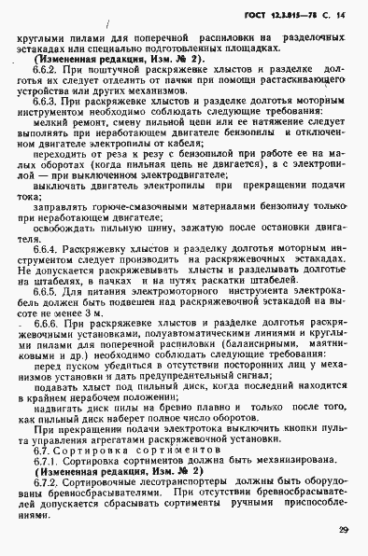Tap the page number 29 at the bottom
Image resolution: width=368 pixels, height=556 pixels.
(344, 532)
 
